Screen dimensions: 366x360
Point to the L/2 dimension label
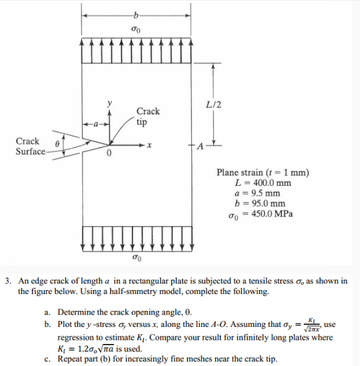[x=215, y=104]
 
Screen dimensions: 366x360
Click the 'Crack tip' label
[x=148, y=116]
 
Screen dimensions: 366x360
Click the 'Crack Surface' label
[x=29, y=146]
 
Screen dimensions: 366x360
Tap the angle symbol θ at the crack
[x=57, y=141]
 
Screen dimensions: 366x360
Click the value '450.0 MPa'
[x=273, y=214]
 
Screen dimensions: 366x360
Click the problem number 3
[x=8, y=281]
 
